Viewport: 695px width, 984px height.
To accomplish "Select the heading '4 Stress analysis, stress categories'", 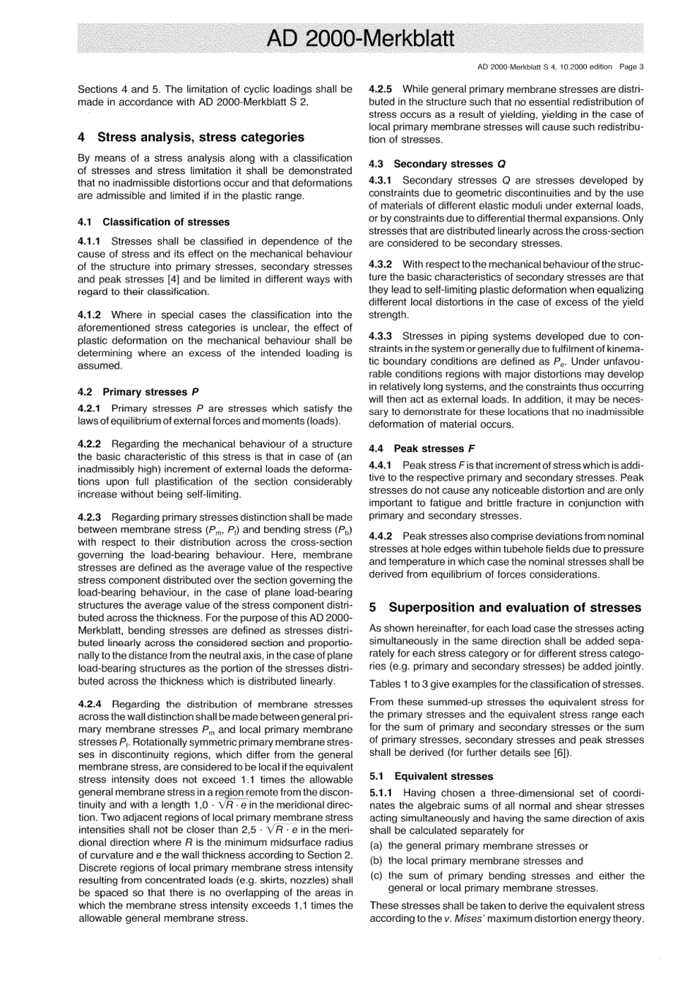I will pyautogui.click(x=191, y=137).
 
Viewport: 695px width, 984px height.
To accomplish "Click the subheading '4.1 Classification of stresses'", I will pyautogui.click(x=154, y=222).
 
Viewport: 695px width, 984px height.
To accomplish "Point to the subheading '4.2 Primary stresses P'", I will pyautogui.click(x=138, y=391).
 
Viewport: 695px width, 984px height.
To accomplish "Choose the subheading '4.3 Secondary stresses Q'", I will pyautogui.click(x=437, y=164).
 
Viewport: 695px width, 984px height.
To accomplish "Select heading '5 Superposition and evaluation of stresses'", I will pyautogui.click(x=505, y=607).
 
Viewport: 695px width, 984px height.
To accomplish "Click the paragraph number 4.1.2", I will pyautogui.click(x=91, y=315).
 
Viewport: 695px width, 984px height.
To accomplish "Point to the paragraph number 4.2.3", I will pyautogui.click(x=91, y=517).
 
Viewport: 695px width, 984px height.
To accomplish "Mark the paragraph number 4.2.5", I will pyautogui.click(x=382, y=89).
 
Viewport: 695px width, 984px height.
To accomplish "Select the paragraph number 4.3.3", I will pyautogui.click(x=382, y=336).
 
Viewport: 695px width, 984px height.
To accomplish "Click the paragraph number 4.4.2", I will pyautogui.click(x=382, y=536).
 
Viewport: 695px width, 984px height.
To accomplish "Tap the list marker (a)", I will pyautogui.click(x=376, y=846).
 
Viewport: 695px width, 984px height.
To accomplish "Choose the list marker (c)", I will pyautogui.click(x=376, y=876).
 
